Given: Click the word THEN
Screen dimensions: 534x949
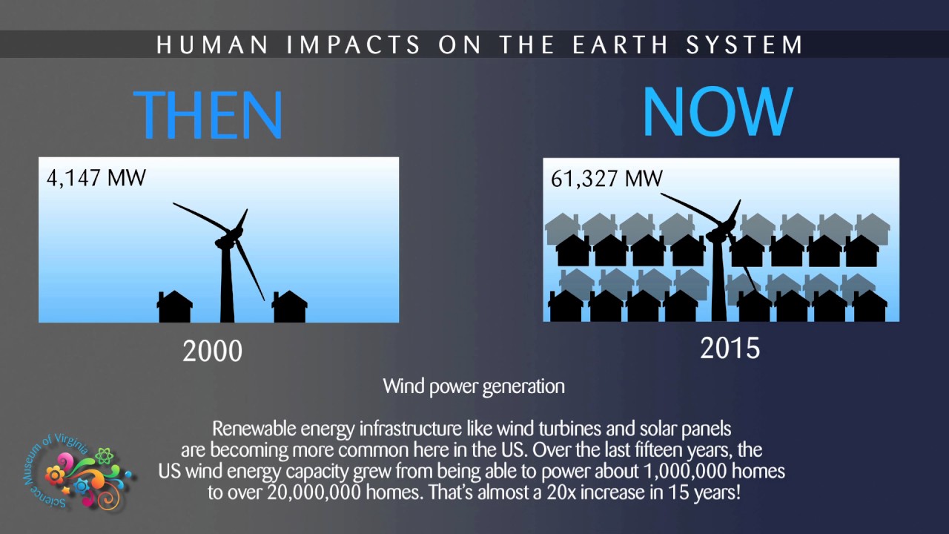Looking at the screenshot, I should tap(208, 114).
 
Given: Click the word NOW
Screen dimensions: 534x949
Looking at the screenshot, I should tap(717, 113).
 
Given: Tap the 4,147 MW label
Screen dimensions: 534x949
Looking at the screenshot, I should tap(96, 178).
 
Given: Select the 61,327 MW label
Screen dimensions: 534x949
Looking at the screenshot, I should tap(606, 179).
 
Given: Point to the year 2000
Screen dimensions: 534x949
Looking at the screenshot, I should tap(212, 351).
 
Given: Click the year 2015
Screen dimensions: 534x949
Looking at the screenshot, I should tap(730, 348).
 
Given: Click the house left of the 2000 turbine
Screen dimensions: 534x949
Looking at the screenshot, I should tap(175, 307).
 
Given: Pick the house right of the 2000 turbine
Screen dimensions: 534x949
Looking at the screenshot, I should tap(290, 307).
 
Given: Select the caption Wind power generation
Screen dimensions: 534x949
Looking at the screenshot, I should tap(474, 386).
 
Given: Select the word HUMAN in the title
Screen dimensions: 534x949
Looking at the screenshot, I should tap(213, 45).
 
